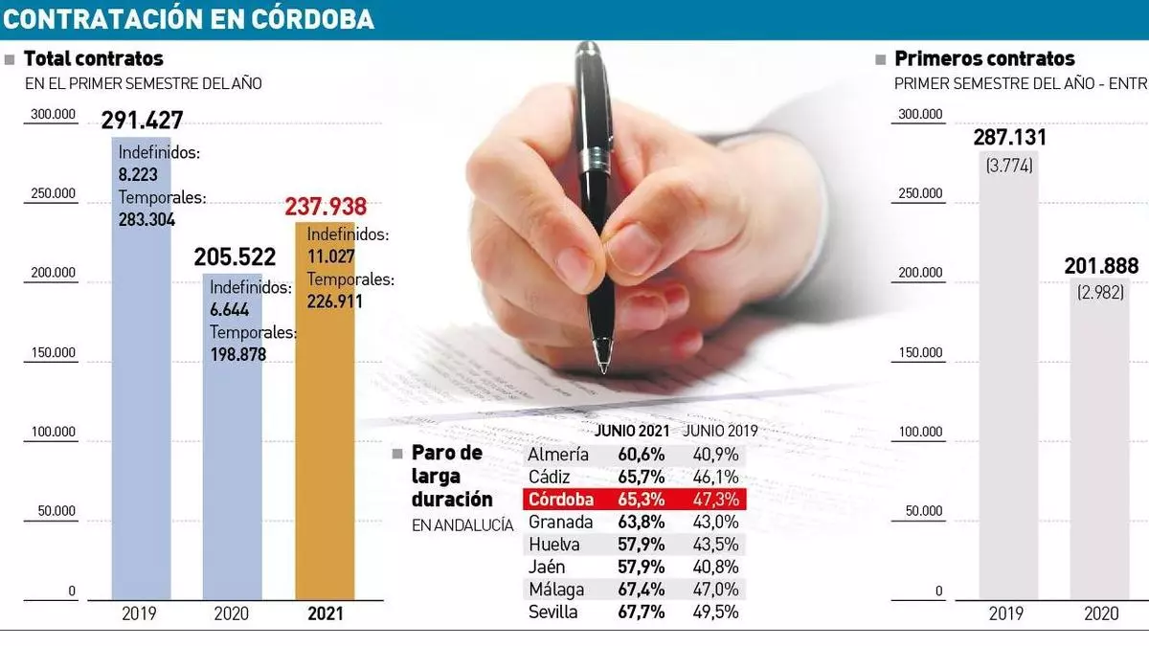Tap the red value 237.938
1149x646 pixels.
click(x=326, y=207)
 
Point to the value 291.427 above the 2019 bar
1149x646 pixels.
click(x=142, y=121)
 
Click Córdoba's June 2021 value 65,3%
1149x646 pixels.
click(x=642, y=500)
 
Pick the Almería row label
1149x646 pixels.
click(x=558, y=455)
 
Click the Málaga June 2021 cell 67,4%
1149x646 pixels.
click(x=642, y=590)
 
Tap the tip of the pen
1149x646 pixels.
click(x=602, y=368)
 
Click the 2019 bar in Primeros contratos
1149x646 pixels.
click(x=1008, y=383)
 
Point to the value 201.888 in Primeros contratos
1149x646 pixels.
click(x=1101, y=266)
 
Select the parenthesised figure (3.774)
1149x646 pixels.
click(x=1009, y=165)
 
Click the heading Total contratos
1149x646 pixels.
click(x=93, y=59)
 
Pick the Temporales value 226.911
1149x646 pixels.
click(x=334, y=301)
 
